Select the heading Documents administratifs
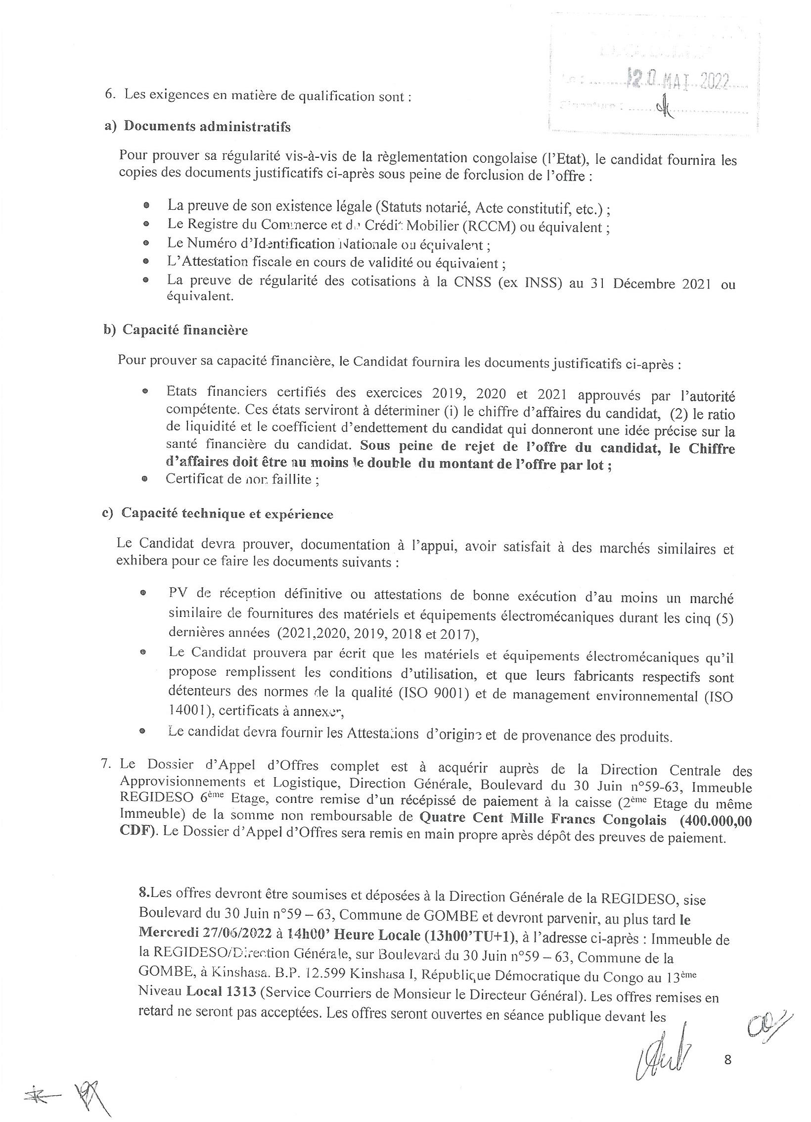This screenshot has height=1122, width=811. [207, 127]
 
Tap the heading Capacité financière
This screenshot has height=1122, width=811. [185, 330]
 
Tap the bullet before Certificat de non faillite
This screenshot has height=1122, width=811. [144, 479]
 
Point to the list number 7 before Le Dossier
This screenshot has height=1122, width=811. [105, 763]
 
